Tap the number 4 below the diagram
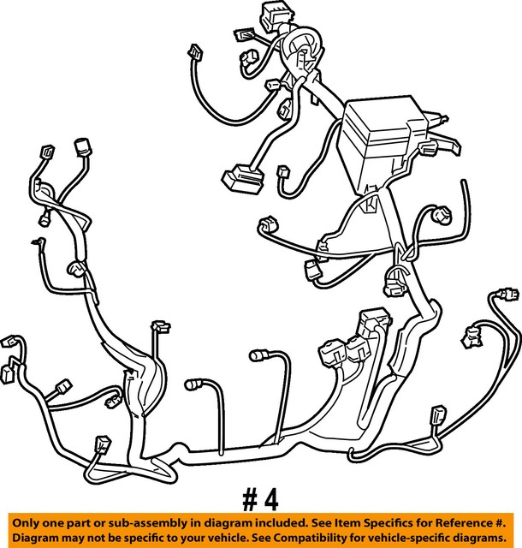pos(270,498)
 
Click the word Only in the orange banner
pos(28,521)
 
